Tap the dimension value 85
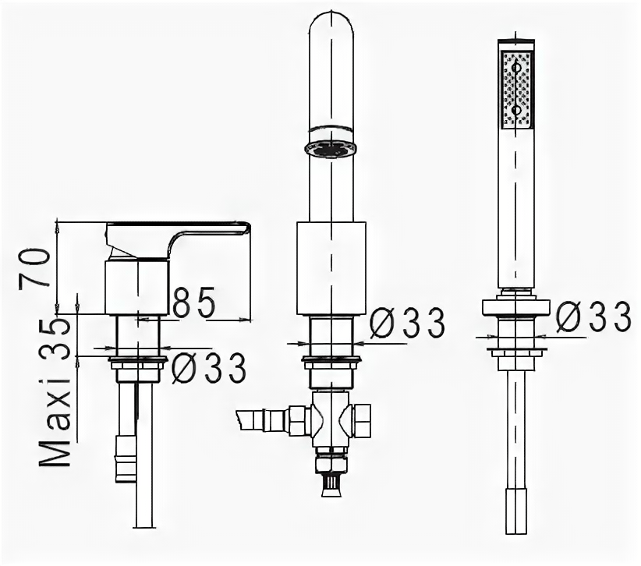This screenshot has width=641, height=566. click(193, 302)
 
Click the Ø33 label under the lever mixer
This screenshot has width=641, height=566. click(208, 368)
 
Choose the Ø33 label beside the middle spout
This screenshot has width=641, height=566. click(406, 324)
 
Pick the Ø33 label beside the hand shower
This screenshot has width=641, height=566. click(593, 316)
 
